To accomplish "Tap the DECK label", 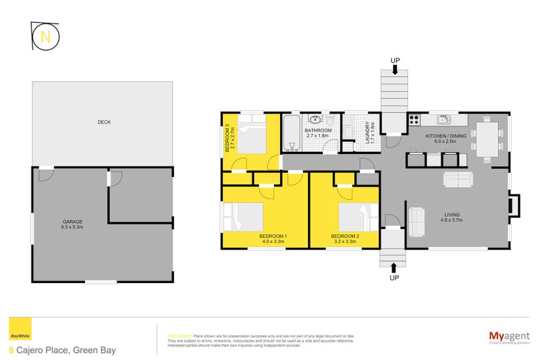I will [104, 122].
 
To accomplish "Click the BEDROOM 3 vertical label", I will [228, 137].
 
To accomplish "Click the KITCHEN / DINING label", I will [446, 138].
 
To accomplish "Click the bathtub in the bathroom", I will [291, 133].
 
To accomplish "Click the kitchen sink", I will [444, 120].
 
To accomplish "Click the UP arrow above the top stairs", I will [395, 66].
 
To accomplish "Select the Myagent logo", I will [508, 336].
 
